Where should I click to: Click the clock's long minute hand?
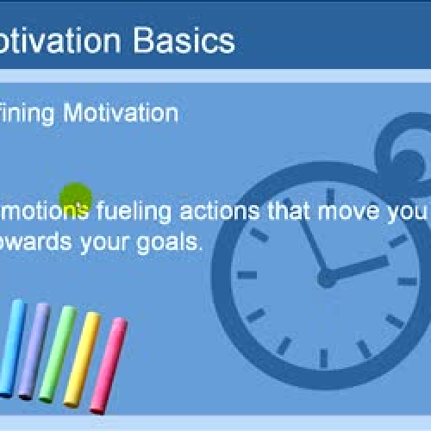click(x=311, y=241)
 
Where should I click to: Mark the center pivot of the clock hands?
click(x=327, y=278)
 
